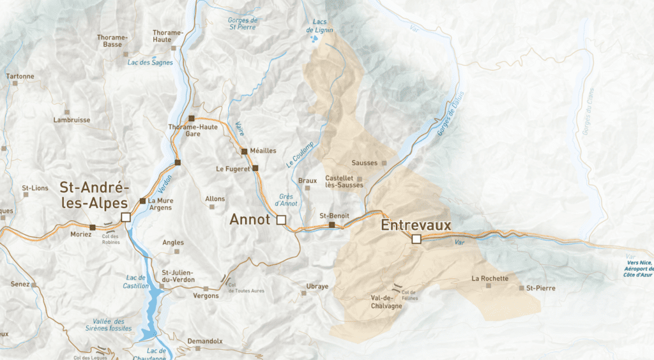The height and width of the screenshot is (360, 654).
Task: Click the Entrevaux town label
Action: (x=416, y=225)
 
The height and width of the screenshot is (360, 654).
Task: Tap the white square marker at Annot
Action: (x=280, y=220)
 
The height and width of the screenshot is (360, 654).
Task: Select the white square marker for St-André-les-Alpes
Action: (x=126, y=218)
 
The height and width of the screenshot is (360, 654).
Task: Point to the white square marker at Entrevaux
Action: (x=416, y=239)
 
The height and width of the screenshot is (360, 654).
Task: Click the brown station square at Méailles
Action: (x=244, y=151)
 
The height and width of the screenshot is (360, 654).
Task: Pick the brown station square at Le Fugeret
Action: (x=255, y=169)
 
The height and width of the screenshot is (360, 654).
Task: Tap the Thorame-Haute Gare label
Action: (x=193, y=130)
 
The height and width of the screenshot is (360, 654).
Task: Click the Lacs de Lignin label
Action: (x=319, y=26)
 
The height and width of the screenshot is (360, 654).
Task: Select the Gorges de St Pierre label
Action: (x=242, y=24)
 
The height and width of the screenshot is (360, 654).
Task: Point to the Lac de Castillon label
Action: (x=135, y=281)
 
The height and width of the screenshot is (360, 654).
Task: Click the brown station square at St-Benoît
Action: (x=331, y=225)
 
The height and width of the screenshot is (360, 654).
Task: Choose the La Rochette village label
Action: (x=490, y=278)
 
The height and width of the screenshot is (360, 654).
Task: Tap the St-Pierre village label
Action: (x=540, y=289)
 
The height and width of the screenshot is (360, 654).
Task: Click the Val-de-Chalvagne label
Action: (x=386, y=302)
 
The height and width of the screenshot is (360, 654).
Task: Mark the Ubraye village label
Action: (x=317, y=286)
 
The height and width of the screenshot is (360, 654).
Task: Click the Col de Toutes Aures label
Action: (x=246, y=288)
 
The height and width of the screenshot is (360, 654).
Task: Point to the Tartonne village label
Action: (x=20, y=77)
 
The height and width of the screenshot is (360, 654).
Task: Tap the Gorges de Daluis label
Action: (x=448, y=115)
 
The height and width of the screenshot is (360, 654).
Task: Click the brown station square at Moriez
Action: (x=93, y=227)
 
